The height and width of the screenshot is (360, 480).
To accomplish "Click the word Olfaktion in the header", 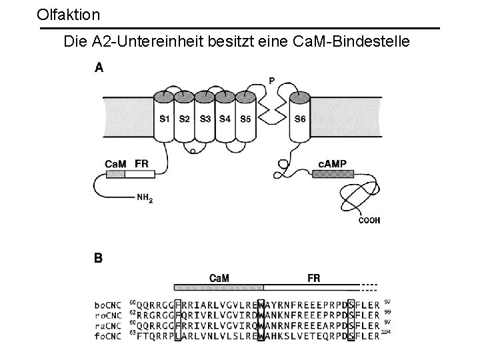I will pos(69,14).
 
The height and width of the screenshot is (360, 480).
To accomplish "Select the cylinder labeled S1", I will pos(164,118).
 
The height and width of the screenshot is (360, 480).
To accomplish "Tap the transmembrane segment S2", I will pos(185,118).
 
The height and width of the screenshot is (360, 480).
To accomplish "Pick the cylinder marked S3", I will pos(205,118).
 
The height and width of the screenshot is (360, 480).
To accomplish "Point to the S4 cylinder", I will pos(225,118).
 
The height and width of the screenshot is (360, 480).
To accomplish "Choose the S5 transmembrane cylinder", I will pos(245,118).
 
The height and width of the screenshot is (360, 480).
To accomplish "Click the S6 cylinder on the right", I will pos(300,118).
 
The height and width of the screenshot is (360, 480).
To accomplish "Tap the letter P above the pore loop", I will pos(271,81).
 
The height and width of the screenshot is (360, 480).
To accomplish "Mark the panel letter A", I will pos(99,67).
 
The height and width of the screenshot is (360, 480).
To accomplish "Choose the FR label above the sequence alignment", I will pos(313,278).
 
